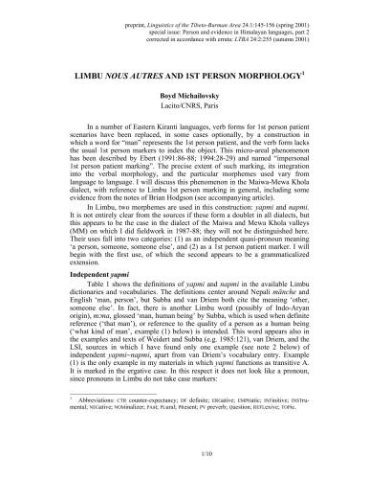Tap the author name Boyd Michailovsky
(184, 96)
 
